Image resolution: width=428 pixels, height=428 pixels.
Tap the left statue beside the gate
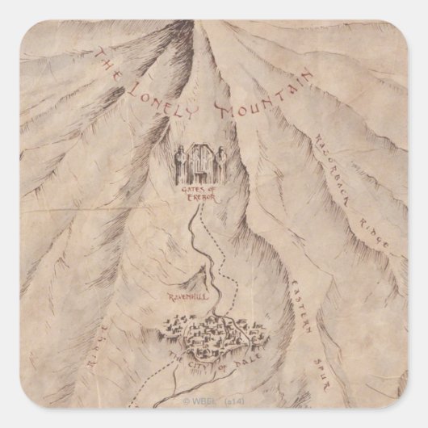181,165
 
